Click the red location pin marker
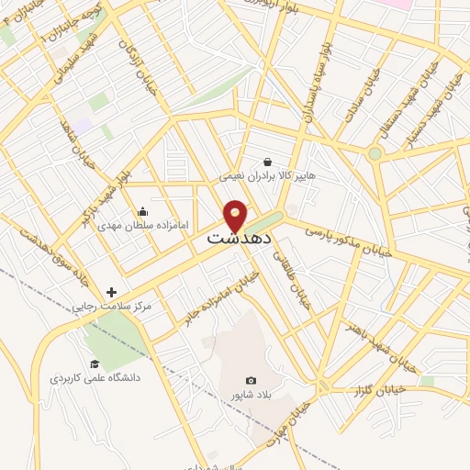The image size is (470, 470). [236, 215]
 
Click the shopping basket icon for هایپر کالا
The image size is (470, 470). [267, 161]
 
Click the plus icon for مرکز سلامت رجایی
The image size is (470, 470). [111, 292]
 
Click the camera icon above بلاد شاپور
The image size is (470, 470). [251, 380]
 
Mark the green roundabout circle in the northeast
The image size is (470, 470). [375, 153]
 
